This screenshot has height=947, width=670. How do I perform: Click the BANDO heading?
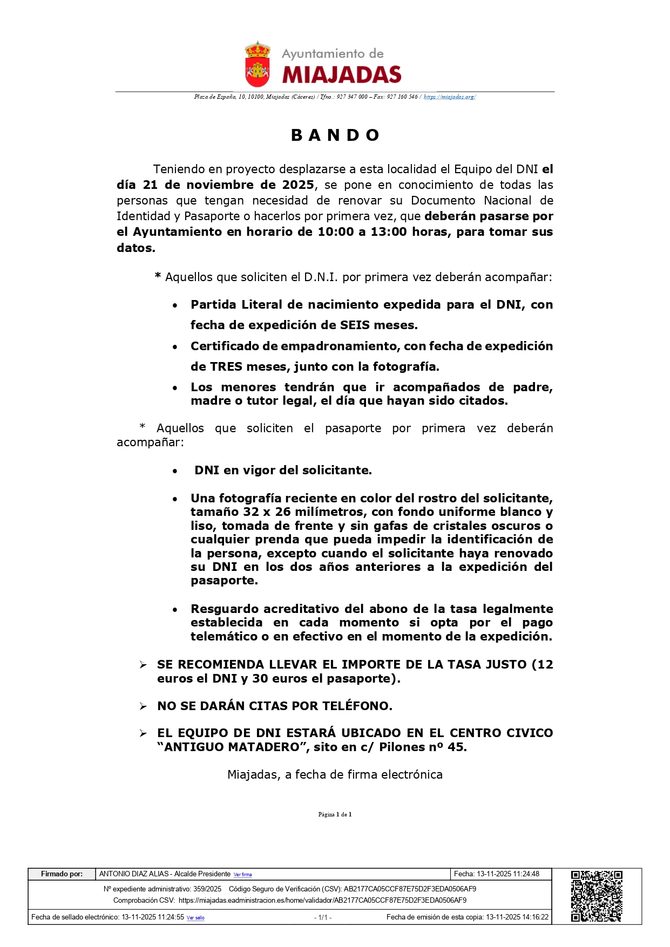[335, 135]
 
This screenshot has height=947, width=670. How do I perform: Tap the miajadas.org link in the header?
[449, 97]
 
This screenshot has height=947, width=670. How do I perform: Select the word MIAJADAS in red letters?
[342, 74]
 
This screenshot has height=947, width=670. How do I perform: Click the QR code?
[597, 896]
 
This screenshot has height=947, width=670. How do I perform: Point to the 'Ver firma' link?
[242, 875]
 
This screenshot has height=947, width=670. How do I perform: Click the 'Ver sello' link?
[195, 918]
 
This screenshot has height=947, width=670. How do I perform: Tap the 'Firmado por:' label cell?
[62, 874]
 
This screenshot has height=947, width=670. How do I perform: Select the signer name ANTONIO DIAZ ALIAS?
[134, 874]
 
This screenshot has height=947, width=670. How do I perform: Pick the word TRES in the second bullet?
[226, 367]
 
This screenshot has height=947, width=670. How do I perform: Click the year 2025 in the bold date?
[298, 185]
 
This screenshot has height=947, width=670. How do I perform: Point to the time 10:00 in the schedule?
[334, 232]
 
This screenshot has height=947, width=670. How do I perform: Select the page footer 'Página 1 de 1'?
[335, 814]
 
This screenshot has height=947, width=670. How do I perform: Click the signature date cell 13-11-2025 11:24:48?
[497, 874]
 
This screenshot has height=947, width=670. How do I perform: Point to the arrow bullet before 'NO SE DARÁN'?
[143, 706]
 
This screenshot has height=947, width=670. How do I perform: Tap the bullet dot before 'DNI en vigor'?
[175, 471]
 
